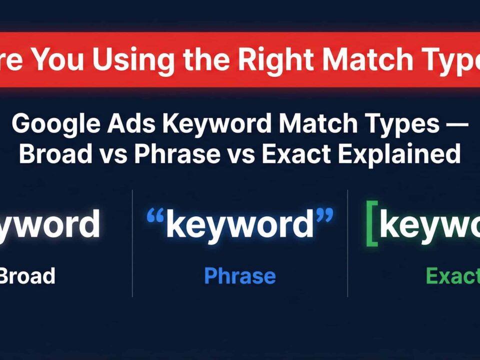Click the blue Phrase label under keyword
pos(240,275)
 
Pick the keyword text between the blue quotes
pos(240,225)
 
